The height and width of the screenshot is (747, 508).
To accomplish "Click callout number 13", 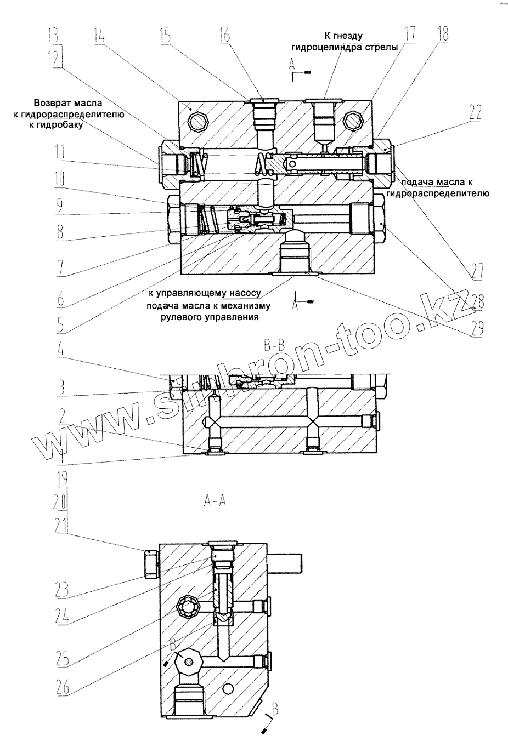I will click(x=55, y=37).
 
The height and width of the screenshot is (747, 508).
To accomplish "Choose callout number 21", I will click(x=63, y=526).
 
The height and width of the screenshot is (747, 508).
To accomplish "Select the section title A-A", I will click(x=215, y=500).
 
